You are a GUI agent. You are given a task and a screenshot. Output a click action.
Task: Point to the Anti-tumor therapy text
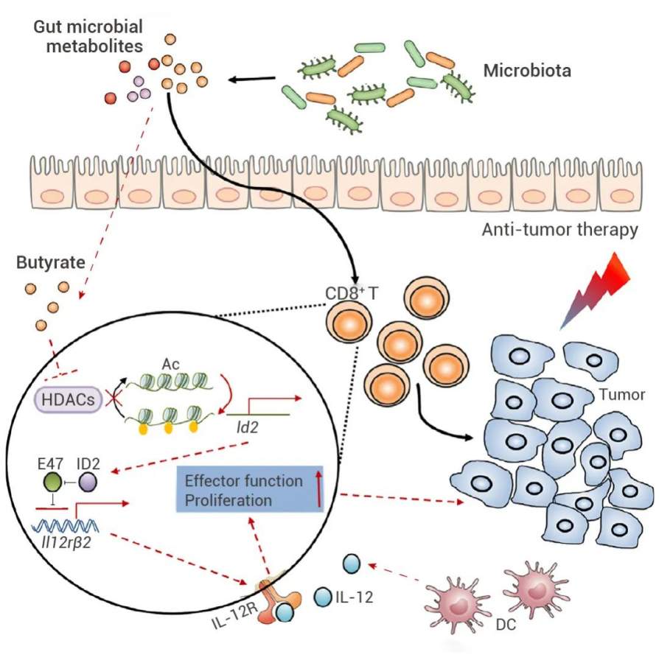tap(559, 231)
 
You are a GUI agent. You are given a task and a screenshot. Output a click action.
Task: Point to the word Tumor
tap(624, 394)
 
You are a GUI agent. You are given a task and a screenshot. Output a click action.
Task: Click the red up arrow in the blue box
tap(319, 491)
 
